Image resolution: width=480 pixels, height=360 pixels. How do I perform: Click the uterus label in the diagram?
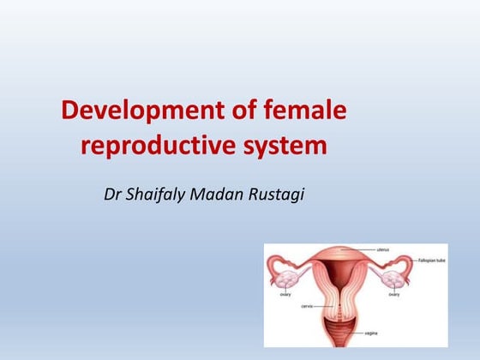point(383,250)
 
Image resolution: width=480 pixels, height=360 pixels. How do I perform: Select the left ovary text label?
point(285,294)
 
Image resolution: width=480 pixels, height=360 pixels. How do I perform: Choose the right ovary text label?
point(393,294)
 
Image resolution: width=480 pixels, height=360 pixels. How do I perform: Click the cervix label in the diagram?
point(307,304)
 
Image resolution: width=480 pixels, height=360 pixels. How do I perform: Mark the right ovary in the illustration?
point(393,279)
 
